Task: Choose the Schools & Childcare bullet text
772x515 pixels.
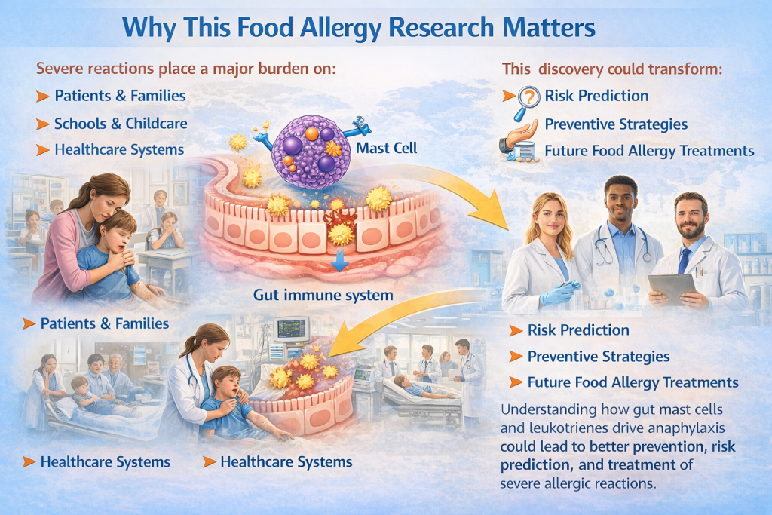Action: pyautogui.click(x=121, y=123)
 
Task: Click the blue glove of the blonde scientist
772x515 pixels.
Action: pyautogui.click(x=559, y=292)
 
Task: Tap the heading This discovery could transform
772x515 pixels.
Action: pyautogui.click(x=612, y=69)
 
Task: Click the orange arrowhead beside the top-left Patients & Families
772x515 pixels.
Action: pyautogui.click(x=41, y=97)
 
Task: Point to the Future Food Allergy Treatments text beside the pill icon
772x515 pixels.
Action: pyautogui.click(x=649, y=151)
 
